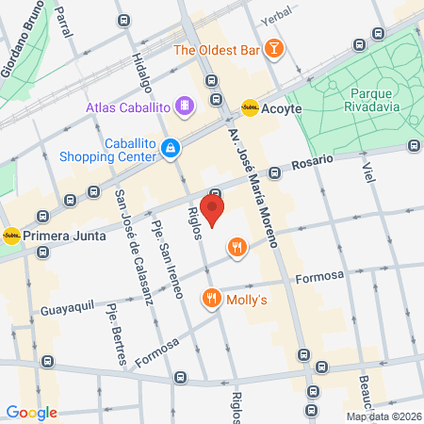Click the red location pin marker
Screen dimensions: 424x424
(x=214, y=210)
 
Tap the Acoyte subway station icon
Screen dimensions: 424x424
(x=250, y=108)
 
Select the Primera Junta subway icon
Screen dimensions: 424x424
(x=11, y=236)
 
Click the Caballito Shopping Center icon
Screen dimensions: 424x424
(x=171, y=147)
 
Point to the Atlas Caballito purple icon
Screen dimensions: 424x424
(x=186, y=106)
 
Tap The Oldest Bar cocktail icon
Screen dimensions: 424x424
(x=272, y=49)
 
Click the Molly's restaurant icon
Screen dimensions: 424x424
(x=210, y=299)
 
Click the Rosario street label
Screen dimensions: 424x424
(x=312, y=163)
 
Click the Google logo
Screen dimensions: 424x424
(x=31, y=412)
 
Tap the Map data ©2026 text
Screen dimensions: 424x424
(x=383, y=416)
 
